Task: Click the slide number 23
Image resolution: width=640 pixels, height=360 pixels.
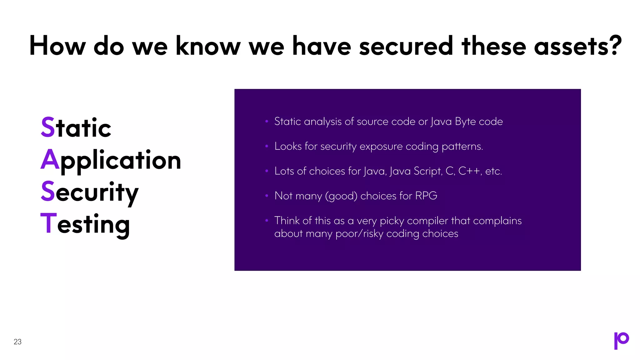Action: pyautogui.click(x=17, y=342)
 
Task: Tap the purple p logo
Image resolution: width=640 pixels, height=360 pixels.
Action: pyautogui.click(x=621, y=340)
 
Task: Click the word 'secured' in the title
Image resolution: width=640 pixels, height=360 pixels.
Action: pyautogui.click(x=406, y=46)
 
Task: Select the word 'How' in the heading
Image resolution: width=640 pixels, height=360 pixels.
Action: pyautogui.click(x=57, y=46)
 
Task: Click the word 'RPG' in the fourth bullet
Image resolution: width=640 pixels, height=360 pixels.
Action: pyautogui.click(x=426, y=196)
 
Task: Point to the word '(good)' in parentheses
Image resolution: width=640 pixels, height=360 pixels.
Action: pyautogui.click(x=341, y=196)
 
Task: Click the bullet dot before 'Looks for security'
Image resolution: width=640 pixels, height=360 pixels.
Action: pyautogui.click(x=267, y=146)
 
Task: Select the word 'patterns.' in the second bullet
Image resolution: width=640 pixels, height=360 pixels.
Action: pyautogui.click(x=462, y=147)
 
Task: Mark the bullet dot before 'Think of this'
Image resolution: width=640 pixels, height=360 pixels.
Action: pyautogui.click(x=267, y=220)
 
